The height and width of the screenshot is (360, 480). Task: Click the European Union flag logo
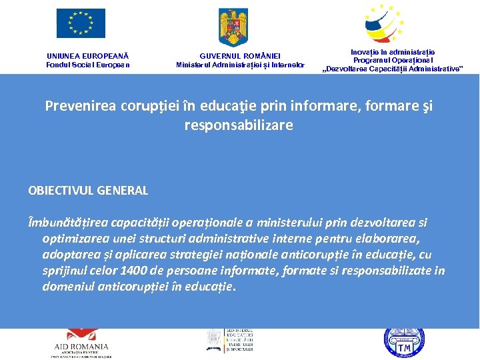coord(81,23)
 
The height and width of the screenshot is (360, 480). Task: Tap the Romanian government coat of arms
coord(233,26)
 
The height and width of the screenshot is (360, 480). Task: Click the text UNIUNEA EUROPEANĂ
coord(87,56)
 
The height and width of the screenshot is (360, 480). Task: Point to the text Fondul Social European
coord(87,65)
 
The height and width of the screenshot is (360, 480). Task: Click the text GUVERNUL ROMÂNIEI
coord(240,56)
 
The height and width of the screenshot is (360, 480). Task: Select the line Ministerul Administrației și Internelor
coord(240,65)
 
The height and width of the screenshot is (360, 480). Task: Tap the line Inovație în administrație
coord(393,51)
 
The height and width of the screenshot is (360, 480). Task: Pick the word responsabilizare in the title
coord(239,125)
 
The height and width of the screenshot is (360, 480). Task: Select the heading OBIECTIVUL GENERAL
coord(88,191)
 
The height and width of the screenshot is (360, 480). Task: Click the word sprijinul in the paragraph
coord(64,271)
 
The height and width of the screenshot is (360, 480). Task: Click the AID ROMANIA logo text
coord(81,347)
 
